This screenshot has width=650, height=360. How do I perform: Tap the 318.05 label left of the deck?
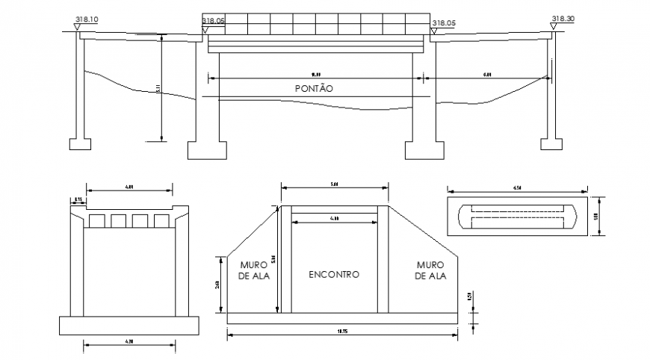[x=214, y=22]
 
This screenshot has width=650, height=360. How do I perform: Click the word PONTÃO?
[x=314, y=88]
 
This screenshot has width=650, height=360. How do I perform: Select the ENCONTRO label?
[x=334, y=274]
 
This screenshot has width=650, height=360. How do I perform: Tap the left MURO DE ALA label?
[x=254, y=270]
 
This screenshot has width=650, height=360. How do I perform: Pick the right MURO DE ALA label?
[x=430, y=270]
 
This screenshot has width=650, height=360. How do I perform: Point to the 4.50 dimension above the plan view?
[x=516, y=188]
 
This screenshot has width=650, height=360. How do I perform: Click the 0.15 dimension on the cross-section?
[x=78, y=199]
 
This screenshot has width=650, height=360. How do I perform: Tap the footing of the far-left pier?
[x=80, y=143]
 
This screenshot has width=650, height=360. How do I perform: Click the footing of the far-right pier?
[x=551, y=143]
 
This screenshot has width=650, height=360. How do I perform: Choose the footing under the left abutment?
[x=207, y=149]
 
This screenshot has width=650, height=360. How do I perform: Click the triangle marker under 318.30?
[x=554, y=27]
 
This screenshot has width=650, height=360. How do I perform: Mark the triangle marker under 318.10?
[x=78, y=27]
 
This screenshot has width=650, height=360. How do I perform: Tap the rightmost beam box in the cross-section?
[x=161, y=221]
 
